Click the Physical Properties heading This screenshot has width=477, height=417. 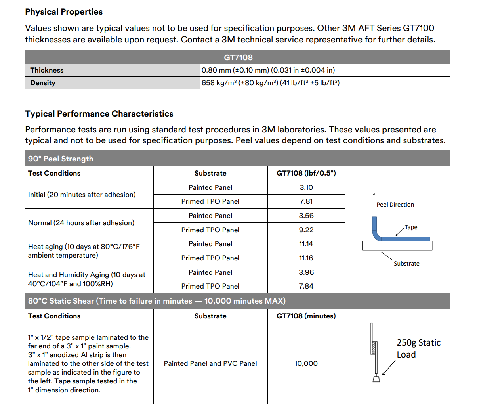click(64, 12)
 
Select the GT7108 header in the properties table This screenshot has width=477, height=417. click(238, 57)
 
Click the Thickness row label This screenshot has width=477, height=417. click(47, 70)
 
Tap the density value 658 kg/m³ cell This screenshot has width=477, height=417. click(271, 83)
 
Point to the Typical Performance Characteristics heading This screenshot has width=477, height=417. click(99, 114)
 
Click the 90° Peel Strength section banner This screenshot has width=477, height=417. click(61, 159)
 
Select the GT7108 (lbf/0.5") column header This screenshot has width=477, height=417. click(306, 173)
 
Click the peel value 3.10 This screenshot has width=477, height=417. click(306, 187)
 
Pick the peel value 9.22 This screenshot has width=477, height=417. click(306, 230)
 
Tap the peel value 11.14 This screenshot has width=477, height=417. click(306, 244)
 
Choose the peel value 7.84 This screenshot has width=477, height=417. click(306, 286)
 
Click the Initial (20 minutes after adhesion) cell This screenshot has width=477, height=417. click(82, 195)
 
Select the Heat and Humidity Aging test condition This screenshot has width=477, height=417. click(86, 279)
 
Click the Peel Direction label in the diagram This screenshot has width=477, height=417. click(395, 205)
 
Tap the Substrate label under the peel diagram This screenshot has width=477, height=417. click(406, 264)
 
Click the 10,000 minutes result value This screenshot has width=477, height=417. click(306, 363)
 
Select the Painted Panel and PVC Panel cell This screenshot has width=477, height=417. click(210, 363)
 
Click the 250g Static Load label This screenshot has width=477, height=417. click(418, 348)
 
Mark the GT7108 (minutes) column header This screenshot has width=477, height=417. click(306, 316)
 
